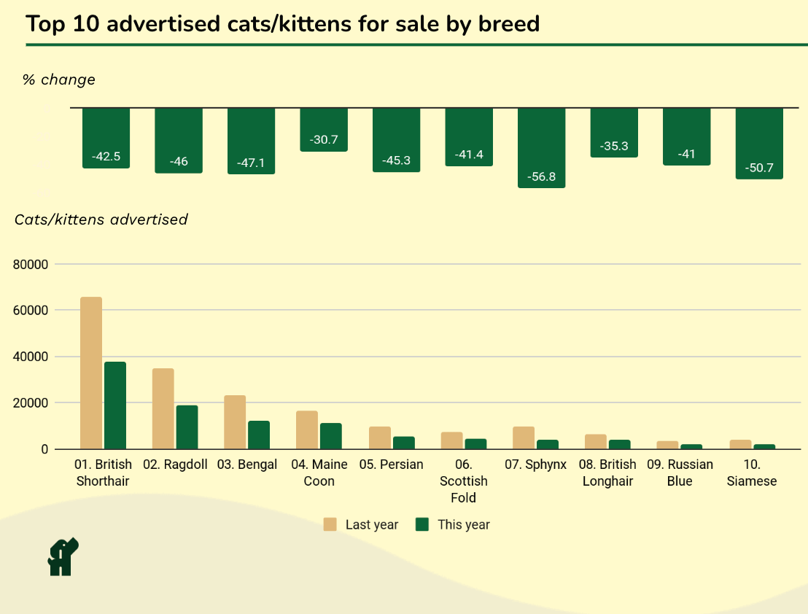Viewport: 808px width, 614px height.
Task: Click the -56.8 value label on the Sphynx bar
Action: tap(541, 176)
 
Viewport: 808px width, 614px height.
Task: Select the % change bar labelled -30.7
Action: tap(324, 129)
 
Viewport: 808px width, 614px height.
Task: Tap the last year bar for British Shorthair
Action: tap(91, 373)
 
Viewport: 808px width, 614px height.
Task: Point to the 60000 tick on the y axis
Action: tap(30, 311)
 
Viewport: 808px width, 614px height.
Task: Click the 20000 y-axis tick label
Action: tap(30, 403)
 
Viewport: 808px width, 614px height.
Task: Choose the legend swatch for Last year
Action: tap(330, 524)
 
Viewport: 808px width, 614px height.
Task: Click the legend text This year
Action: tap(463, 524)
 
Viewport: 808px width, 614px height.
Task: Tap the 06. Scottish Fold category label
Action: tap(463, 481)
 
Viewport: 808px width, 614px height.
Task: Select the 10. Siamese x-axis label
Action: tap(752, 473)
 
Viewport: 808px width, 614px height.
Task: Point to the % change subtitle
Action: tap(59, 79)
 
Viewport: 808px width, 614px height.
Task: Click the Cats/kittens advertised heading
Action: tap(101, 219)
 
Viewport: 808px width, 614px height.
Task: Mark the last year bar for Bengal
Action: tap(235, 422)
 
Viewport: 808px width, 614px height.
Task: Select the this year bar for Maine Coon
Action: tap(331, 436)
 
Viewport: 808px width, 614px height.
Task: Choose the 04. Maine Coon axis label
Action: tap(319, 473)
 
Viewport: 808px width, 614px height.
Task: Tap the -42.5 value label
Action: tap(106, 156)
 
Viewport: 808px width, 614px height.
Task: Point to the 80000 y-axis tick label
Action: tap(30, 265)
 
